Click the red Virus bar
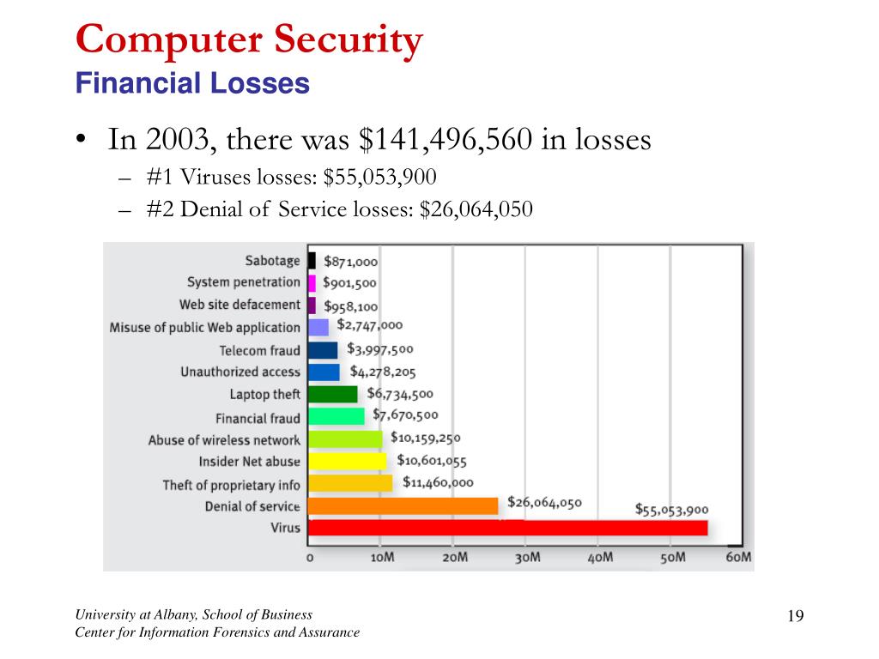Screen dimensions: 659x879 coord(507,528)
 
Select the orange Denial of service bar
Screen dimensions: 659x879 coord(403,506)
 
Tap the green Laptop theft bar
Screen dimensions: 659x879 coord(332,394)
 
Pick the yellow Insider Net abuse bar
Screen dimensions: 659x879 coord(347,462)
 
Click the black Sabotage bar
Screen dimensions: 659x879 coord(312,260)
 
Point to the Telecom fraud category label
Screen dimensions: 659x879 coord(259,350)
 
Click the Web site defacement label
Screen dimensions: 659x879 coord(239,305)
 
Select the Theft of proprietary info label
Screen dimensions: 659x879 coord(232,485)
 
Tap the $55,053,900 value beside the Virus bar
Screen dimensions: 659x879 coord(671,509)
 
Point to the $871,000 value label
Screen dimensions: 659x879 coord(350,262)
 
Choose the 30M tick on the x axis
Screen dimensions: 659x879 coord(527,558)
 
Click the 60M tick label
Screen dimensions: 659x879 coord(739,558)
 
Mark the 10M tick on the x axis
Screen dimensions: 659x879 coord(382,558)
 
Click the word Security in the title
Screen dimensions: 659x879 coord(351,40)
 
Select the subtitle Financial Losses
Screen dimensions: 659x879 coord(192,83)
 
